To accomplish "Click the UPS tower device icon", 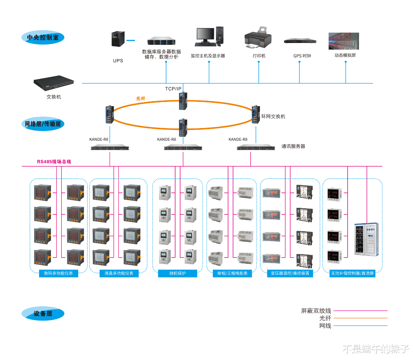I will point(118,39).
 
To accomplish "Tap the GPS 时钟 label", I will point(302,56).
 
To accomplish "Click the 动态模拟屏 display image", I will point(344,41).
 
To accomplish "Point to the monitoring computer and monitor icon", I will point(209,36).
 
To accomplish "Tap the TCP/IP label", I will point(173,89).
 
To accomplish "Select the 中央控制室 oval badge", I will point(43,38).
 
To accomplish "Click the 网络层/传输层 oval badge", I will point(43,124).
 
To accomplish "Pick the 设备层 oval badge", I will point(43,314).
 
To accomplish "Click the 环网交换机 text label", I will point(273,116).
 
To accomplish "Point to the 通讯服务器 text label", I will point(293,146).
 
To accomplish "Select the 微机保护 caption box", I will point(177,273).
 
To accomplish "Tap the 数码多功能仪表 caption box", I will point(59,273).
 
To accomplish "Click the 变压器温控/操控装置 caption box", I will point(290,273).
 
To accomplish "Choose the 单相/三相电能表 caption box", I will point(232,273).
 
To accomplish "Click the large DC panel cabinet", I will point(366,239).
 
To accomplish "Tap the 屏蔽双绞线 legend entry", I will point(316,311).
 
